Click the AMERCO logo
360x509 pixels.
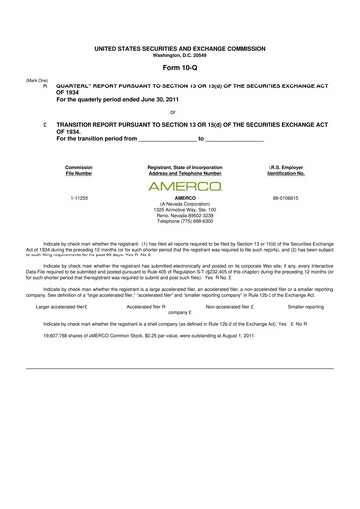click(x=184, y=186)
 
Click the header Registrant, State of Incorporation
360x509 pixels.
click(x=184, y=167)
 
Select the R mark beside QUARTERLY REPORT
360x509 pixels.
click(x=45, y=86)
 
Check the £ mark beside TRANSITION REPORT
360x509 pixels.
click(x=45, y=125)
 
